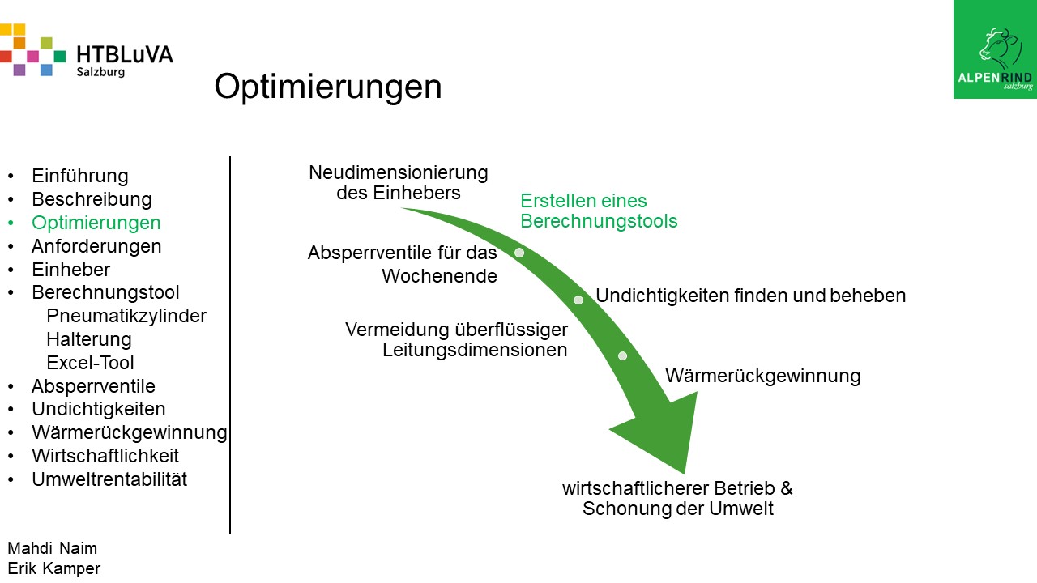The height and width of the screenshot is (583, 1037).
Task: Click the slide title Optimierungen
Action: [328, 87]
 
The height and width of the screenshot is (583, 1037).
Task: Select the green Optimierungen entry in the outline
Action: [96, 223]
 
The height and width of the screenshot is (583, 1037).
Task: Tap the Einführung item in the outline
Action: [80, 176]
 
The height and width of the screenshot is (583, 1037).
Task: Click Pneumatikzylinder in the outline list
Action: [126, 316]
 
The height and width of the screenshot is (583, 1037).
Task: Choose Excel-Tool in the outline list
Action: [90, 363]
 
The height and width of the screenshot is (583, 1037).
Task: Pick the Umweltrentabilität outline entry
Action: [109, 479]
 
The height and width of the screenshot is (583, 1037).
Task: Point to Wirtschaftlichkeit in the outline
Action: [105, 456]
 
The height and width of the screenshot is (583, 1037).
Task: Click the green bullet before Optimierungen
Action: [11, 223]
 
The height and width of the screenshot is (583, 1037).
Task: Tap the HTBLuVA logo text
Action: [125, 54]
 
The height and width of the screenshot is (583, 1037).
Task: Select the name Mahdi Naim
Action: [53, 548]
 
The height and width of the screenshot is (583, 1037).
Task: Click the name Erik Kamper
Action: [53, 568]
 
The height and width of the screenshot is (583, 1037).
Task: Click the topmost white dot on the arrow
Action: [519, 253]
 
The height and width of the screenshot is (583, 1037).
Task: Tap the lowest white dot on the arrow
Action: [623, 355]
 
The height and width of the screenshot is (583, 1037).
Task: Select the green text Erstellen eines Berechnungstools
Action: [599, 211]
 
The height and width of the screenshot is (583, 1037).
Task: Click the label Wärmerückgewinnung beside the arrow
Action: [763, 377]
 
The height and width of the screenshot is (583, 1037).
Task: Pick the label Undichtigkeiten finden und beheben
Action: [750, 296]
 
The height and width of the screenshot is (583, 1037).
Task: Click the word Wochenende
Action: [439, 276]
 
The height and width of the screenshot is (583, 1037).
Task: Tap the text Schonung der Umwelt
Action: [678, 509]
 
